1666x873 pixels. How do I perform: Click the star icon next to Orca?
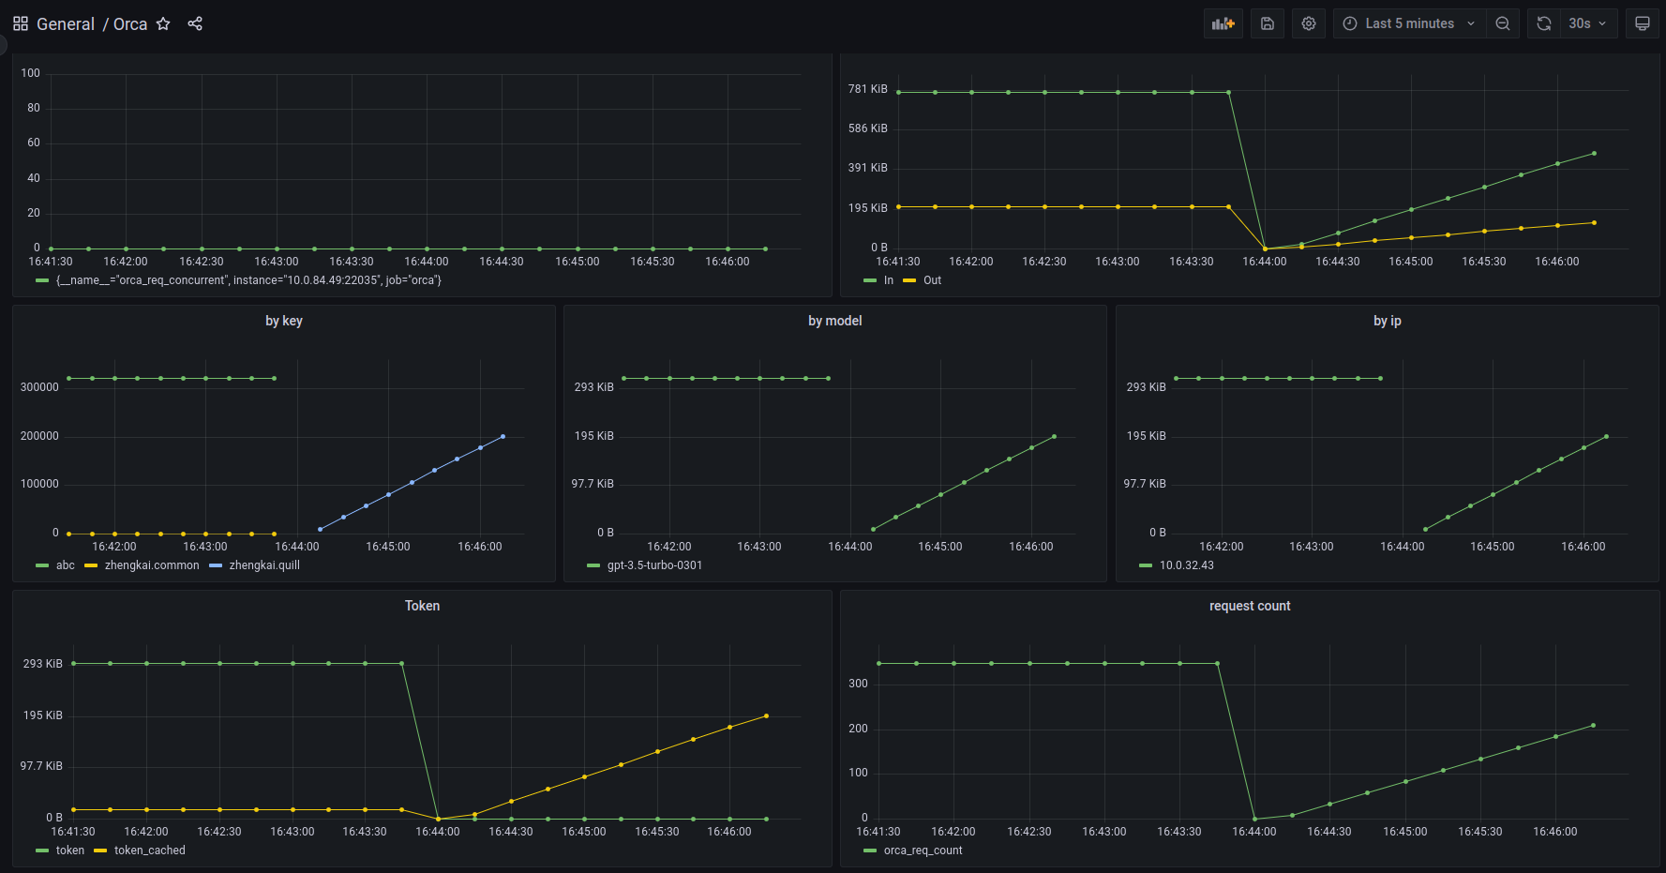point(163,23)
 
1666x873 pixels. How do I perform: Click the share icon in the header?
point(195,23)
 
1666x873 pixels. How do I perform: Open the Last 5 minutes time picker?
point(1408,23)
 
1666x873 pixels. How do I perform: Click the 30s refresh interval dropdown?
point(1586,23)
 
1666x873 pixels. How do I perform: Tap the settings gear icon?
point(1309,23)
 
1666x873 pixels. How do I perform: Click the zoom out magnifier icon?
point(1503,23)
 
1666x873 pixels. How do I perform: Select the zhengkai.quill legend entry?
point(264,565)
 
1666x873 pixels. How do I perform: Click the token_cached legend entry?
point(149,850)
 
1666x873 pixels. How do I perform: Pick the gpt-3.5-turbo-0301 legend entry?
point(654,565)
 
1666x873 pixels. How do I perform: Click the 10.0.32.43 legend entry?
point(1186,565)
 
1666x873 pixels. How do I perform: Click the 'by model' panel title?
point(834,321)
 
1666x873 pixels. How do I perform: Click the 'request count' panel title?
point(1249,606)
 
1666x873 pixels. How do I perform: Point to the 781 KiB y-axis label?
point(867,89)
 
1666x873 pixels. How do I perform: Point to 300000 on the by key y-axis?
point(39,387)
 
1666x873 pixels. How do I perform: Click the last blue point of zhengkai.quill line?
point(503,436)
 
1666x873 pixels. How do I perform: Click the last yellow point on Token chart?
point(766,715)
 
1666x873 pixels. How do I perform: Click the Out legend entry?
point(932,280)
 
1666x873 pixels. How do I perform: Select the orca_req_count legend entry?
point(923,850)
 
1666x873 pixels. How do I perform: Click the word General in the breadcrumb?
point(66,23)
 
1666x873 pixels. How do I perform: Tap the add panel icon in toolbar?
point(1223,23)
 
